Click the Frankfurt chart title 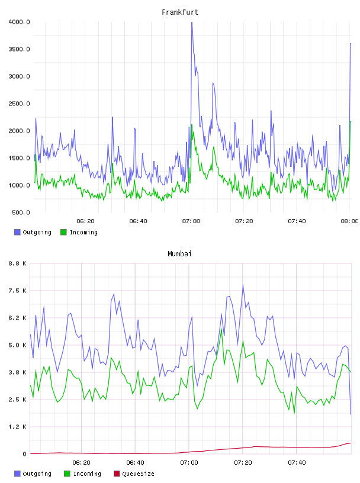(180, 12)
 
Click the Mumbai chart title (179, 254)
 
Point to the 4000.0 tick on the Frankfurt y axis (19, 22)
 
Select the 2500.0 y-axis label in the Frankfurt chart (19, 104)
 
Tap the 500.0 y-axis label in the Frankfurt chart (21, 212)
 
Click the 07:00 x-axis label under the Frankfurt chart (191, 221)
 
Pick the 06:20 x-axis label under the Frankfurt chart (85, 221)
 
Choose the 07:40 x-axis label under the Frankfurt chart (297, 221)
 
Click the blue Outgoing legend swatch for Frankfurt (17, 232)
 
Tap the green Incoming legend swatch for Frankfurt (63, 232)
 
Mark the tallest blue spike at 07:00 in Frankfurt (192, 22)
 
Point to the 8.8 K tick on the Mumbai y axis (18, 263)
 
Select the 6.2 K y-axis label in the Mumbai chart (18, 318)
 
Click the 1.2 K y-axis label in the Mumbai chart (18, 427)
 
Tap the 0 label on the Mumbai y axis (25, 454)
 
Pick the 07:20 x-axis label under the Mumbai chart (243, 463)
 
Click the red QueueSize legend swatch (117, 474)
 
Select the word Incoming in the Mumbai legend (87, 474)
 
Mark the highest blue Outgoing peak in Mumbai (243, 285)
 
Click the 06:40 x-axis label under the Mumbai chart (136, 463)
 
